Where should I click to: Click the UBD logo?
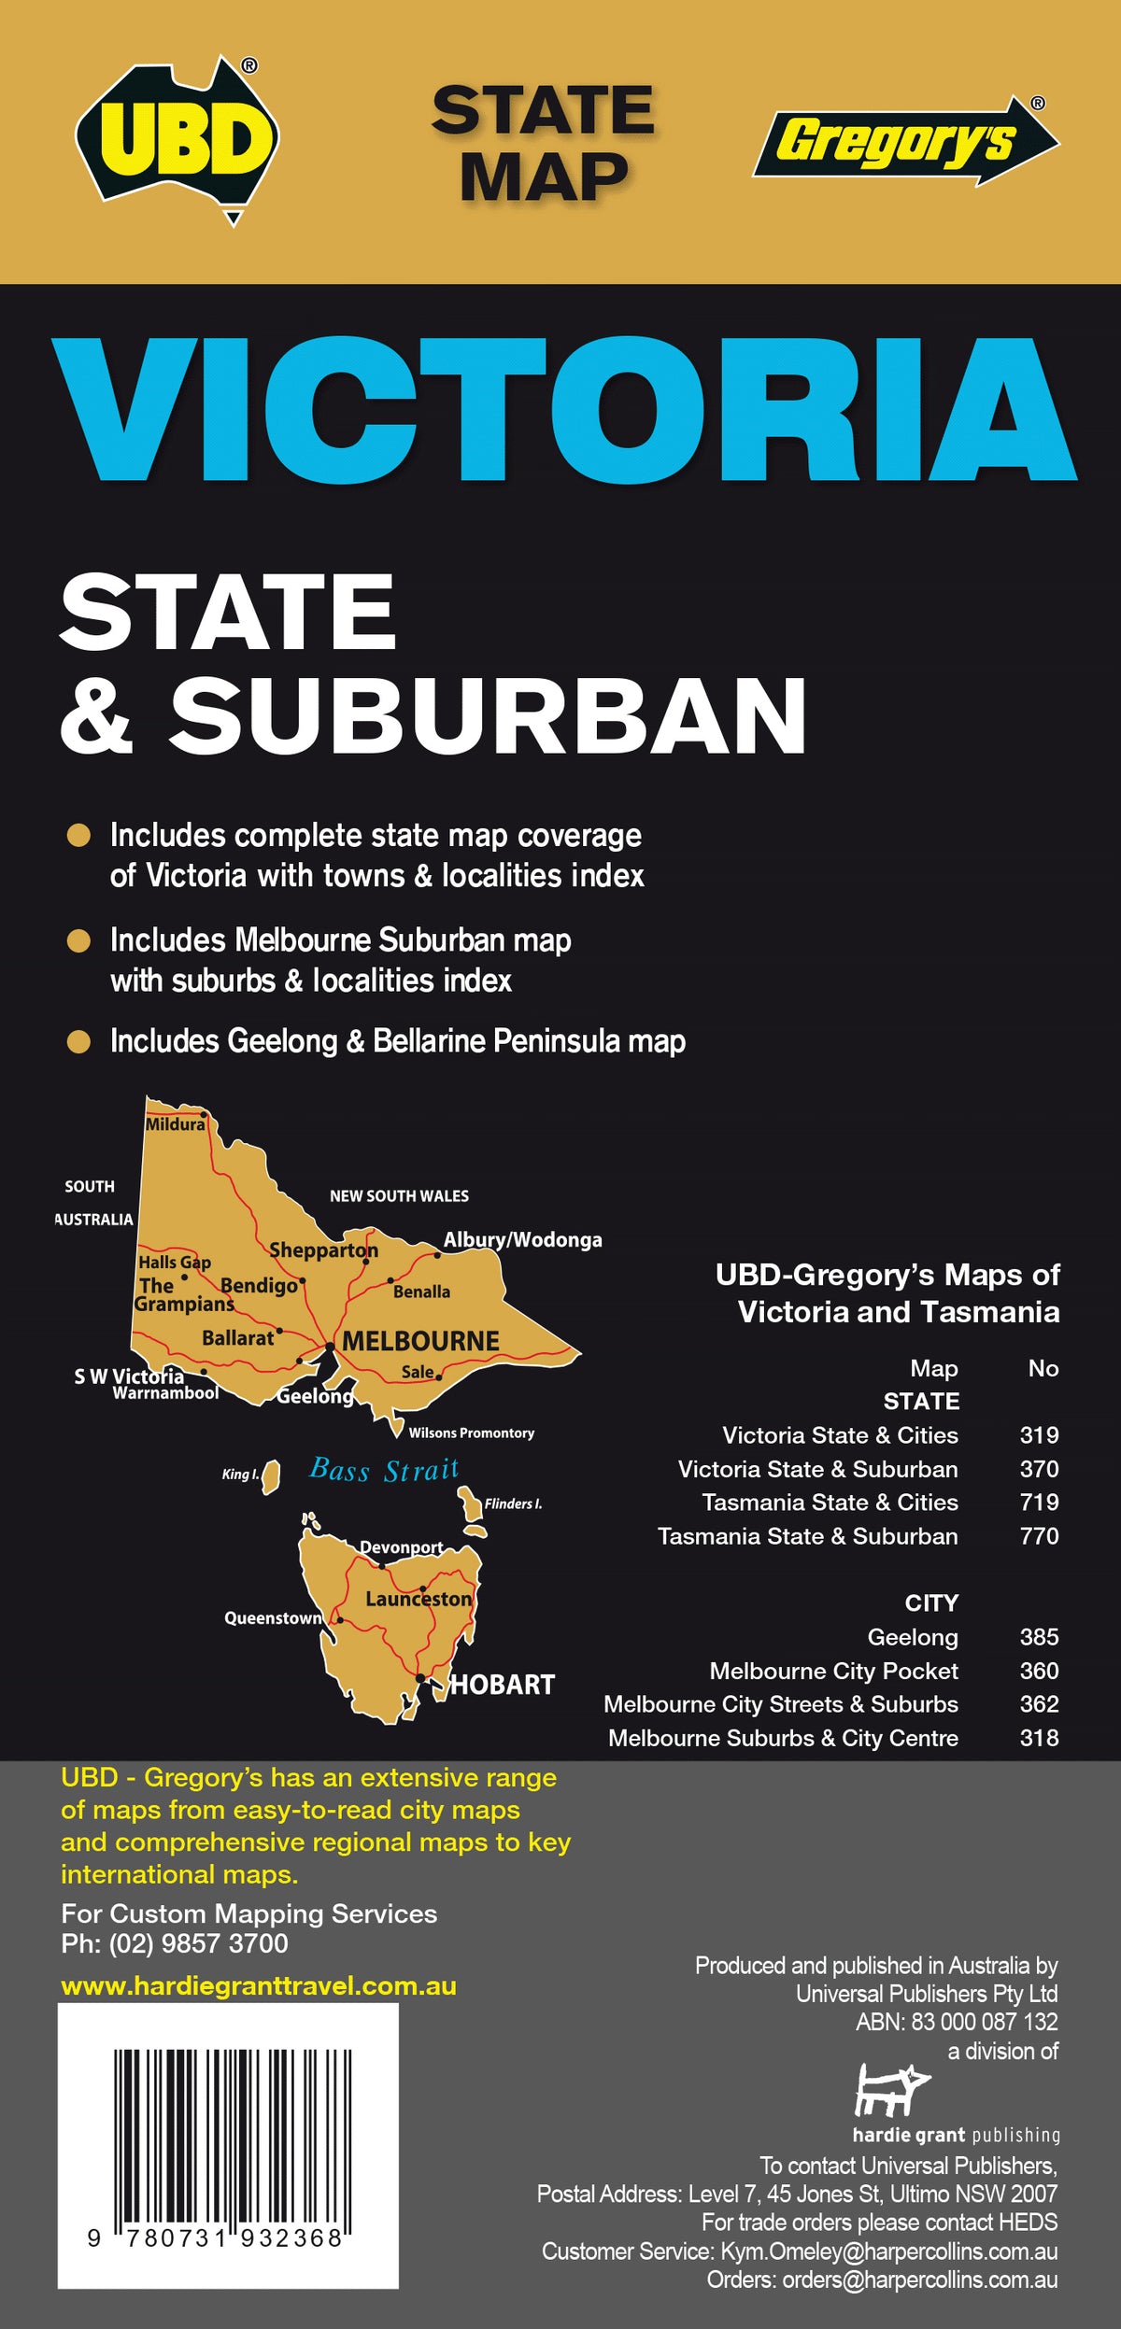pos(177,140)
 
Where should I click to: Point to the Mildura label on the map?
pos(175,1124)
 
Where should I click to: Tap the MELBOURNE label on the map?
pos(420,1341)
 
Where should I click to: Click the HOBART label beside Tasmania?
pos(503,1685)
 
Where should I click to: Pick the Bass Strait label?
pos(384,1471)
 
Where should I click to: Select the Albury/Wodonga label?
pos(522,1240)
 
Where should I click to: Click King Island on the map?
pos(271,1476)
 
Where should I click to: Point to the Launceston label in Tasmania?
pos(419,1599)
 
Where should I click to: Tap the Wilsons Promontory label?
pos(471,1433)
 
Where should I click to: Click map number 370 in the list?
pos(1039,1469)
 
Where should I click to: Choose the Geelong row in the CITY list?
pos(913,1637)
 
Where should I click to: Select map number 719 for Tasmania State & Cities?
pos(1039,1503)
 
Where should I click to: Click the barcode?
pos(229,2148)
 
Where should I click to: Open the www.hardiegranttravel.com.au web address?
pos(259,1986)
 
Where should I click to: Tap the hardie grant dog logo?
pos(892,2090)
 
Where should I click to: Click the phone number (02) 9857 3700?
pos(198,1943)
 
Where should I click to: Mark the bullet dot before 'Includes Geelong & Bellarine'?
pos(79,1041)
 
